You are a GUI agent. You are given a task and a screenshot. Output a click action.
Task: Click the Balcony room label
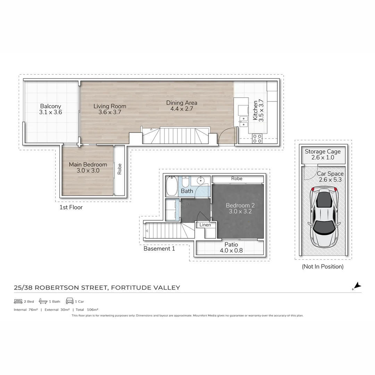click(50, 106)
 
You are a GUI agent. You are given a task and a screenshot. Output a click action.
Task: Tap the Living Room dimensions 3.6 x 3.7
click(110, 112)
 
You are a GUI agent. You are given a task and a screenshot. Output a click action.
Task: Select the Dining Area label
click(182, 103)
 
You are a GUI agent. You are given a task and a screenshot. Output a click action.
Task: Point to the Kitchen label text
click(256, 110)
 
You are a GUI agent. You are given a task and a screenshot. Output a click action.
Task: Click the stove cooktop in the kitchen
click(257, 139)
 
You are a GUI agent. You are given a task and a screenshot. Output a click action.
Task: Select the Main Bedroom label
click(88, 165)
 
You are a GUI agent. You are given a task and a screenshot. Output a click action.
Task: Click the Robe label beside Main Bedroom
click(119, 169)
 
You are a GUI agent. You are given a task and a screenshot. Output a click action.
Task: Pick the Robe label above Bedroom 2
click(237, 178)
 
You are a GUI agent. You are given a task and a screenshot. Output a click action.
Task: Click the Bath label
click(187, 191)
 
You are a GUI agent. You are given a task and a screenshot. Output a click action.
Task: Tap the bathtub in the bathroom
click(172, 187)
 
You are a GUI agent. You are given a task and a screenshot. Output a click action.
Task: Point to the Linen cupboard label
click(205, 225)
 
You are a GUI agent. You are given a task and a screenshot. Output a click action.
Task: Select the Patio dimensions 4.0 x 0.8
click(231, 250)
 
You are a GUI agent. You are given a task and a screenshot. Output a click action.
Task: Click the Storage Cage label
click(323, 151)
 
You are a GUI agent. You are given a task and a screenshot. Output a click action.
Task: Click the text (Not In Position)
click(323, 267)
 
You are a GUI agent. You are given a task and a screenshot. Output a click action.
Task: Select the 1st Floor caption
click(71, 207)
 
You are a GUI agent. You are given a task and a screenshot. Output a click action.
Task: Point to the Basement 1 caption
click(159, 249)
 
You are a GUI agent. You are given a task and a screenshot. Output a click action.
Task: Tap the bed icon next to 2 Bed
click(18, 301)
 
